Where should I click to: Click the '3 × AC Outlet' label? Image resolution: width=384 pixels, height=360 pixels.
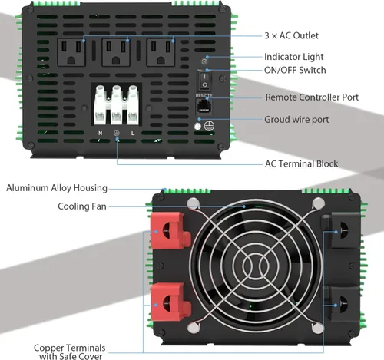291,35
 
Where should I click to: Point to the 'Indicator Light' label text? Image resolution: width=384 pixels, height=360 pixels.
295,57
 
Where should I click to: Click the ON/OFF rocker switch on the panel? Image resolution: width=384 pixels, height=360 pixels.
204,79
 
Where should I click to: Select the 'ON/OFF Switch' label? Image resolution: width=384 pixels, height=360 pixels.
295,71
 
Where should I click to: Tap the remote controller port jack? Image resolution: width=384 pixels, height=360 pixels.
204,106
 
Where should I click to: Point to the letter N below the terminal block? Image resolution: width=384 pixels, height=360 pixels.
100,133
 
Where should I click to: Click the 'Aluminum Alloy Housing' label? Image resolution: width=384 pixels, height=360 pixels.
57,188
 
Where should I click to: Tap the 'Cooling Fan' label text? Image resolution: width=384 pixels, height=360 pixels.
82,206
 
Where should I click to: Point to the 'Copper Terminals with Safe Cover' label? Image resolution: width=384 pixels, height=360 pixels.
69,352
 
